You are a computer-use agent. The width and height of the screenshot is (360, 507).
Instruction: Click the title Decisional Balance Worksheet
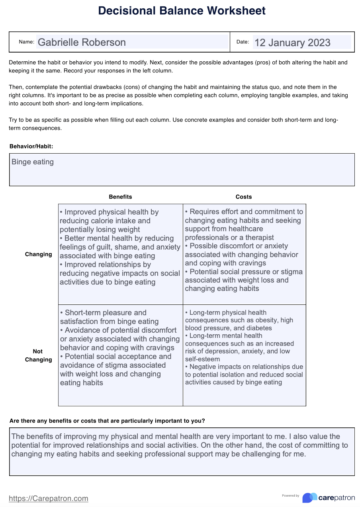click(182, 11)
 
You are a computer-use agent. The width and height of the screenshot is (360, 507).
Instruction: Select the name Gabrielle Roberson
click(82, 42)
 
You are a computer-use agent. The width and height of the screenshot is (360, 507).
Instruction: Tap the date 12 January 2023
click(292, 43)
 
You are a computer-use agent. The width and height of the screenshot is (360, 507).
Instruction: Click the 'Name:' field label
click(27, 42)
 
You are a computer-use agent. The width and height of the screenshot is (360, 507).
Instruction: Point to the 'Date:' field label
click(243, 42)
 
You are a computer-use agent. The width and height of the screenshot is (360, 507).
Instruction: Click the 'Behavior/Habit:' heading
click(31, 146)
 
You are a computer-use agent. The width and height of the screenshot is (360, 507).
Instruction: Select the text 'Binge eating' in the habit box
click(33, 162)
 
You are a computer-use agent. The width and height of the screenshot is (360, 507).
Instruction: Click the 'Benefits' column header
click(120, 197)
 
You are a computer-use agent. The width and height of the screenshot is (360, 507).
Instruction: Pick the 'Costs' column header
click(244, 197)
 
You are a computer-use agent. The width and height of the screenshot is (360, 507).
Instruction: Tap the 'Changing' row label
click(38, 254)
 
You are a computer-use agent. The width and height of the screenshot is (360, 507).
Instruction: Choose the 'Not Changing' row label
click(38, 355)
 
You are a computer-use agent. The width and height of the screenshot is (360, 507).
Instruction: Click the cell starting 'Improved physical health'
click(120, 247)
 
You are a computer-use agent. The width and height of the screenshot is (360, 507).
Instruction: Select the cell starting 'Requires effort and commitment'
click(244, 250)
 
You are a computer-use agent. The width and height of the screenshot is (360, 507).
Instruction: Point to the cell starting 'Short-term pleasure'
click(120, 347)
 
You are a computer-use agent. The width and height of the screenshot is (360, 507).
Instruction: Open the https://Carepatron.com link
click(49, 498)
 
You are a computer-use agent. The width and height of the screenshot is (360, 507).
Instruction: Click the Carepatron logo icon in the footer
click(309, 497)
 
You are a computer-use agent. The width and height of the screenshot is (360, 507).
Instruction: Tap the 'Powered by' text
click(290, 495)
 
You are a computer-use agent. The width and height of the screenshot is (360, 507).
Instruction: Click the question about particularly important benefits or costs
click(107, 421)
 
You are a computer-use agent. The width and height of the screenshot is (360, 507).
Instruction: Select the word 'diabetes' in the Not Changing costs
click(259, 328)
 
